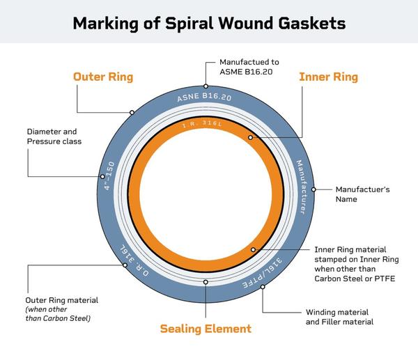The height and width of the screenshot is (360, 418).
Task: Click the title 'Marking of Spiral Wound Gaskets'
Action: [x=209, y=24]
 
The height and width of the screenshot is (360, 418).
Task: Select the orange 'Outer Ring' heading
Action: [x=103, y=77]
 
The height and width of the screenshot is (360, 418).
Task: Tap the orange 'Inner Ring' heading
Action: [x=328, y=77]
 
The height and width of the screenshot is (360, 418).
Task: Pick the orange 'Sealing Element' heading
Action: [x=206, y=328]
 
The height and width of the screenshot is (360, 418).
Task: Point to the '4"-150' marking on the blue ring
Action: [x=107, y=178]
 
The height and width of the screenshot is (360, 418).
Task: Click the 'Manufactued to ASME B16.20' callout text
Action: [x=247, y=67]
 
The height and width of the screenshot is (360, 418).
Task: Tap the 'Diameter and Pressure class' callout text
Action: [x=54, y=136]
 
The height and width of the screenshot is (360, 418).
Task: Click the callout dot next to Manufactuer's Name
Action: [x=313, y=189]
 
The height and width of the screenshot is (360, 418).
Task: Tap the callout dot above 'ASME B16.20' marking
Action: [x=206, y=85]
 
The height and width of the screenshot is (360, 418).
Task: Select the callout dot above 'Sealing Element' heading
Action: [x=206, y=282]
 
